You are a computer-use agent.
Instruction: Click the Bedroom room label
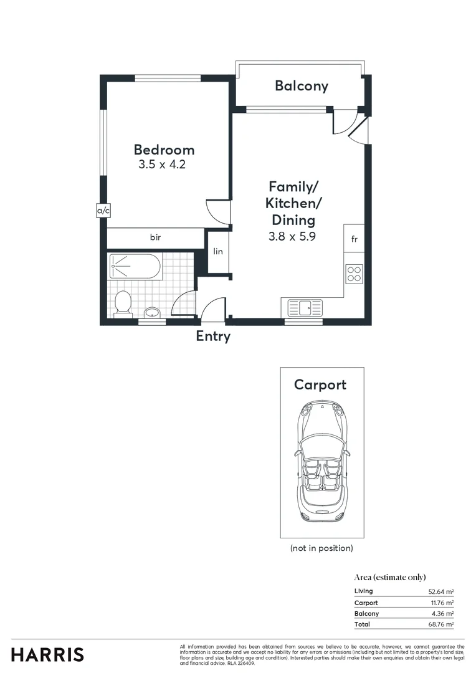pos(164,150)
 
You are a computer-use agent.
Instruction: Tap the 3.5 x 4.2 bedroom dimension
pos(162,165)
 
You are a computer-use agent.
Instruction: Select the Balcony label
pos(302,86)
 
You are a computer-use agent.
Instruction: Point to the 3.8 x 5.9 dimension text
pos(292,236)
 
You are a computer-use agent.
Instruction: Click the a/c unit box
pos(103,211)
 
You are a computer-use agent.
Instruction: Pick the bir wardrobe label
pos(155,237)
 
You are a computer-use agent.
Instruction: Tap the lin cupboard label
pos(218,252)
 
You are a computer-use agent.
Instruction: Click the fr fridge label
pos(354,239)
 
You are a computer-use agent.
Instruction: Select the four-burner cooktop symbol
pos(354,274)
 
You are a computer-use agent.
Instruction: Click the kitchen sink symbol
pos(305,307)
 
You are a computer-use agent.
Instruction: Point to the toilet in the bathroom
pos(123,303)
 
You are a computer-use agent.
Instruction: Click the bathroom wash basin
pos(151,312)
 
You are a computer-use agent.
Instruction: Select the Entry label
pos(213,336)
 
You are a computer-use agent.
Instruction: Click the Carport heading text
pos(320,384)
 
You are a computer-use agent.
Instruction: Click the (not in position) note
pos(321,548)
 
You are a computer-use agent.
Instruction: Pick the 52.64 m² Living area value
pos(440,591)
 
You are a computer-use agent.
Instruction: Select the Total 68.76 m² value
pos(440,624)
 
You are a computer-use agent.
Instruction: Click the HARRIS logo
pos(47,655)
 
